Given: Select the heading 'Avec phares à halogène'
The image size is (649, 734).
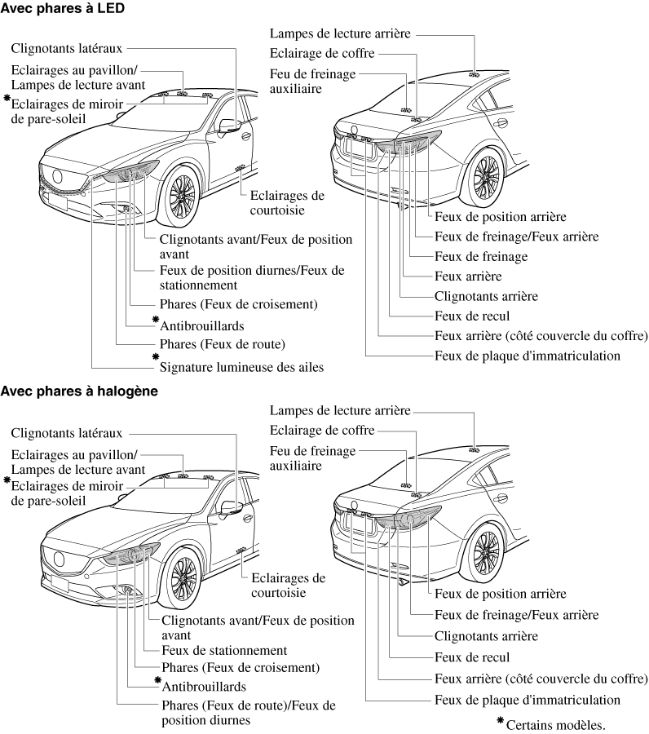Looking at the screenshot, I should [x=78, y=391].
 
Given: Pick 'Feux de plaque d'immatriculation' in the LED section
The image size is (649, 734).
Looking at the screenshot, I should [x=528, y=356].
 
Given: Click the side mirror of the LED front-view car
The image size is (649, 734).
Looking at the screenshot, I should [x=231, y=125].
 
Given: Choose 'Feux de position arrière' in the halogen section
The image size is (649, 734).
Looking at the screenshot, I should [x=501, y=594].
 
